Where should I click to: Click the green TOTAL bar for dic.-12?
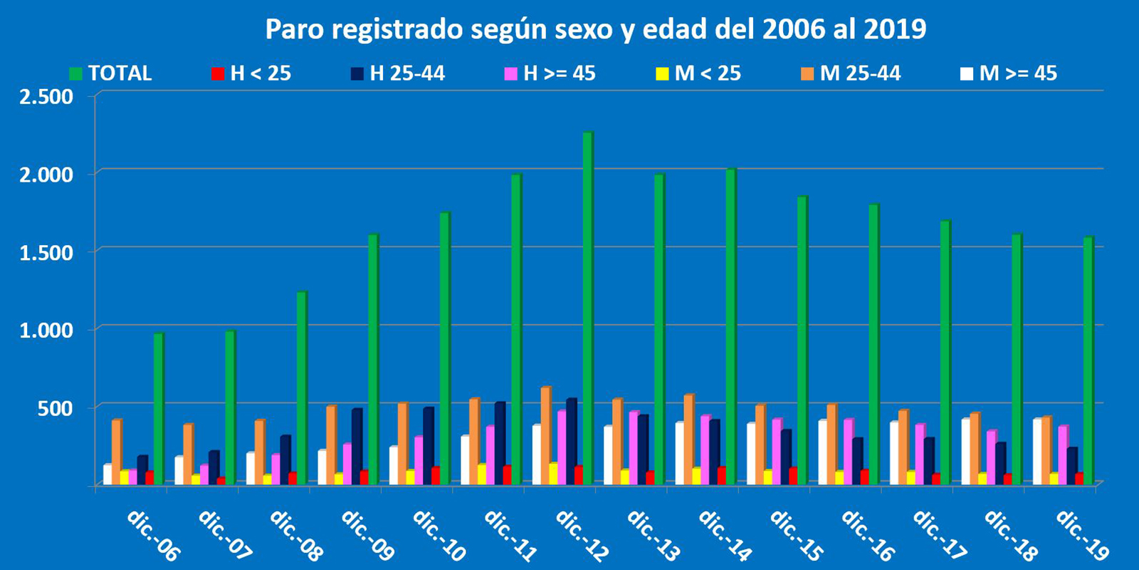point(588,306)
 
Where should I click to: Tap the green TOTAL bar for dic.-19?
point(1088,360)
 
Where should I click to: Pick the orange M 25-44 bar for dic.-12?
point(546,435)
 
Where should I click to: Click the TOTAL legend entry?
point(111,73)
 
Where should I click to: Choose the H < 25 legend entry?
point(252,73)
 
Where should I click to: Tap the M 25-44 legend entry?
point(851,73)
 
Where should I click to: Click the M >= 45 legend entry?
point(1009,73)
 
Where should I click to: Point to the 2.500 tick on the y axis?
point(46,97)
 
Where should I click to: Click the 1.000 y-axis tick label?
point(46,330)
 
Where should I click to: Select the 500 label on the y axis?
point(56,408)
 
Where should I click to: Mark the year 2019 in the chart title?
point(895,29)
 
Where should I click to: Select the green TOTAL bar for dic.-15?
point(802,339)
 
